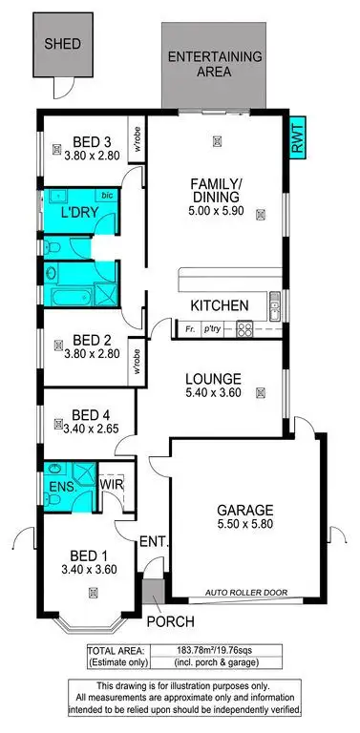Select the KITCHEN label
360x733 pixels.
tap(220, 305)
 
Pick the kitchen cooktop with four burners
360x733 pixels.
tap(244, 330)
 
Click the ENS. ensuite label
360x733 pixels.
tap(58, 487)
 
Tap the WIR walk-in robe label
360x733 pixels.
tap(112, 484)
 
